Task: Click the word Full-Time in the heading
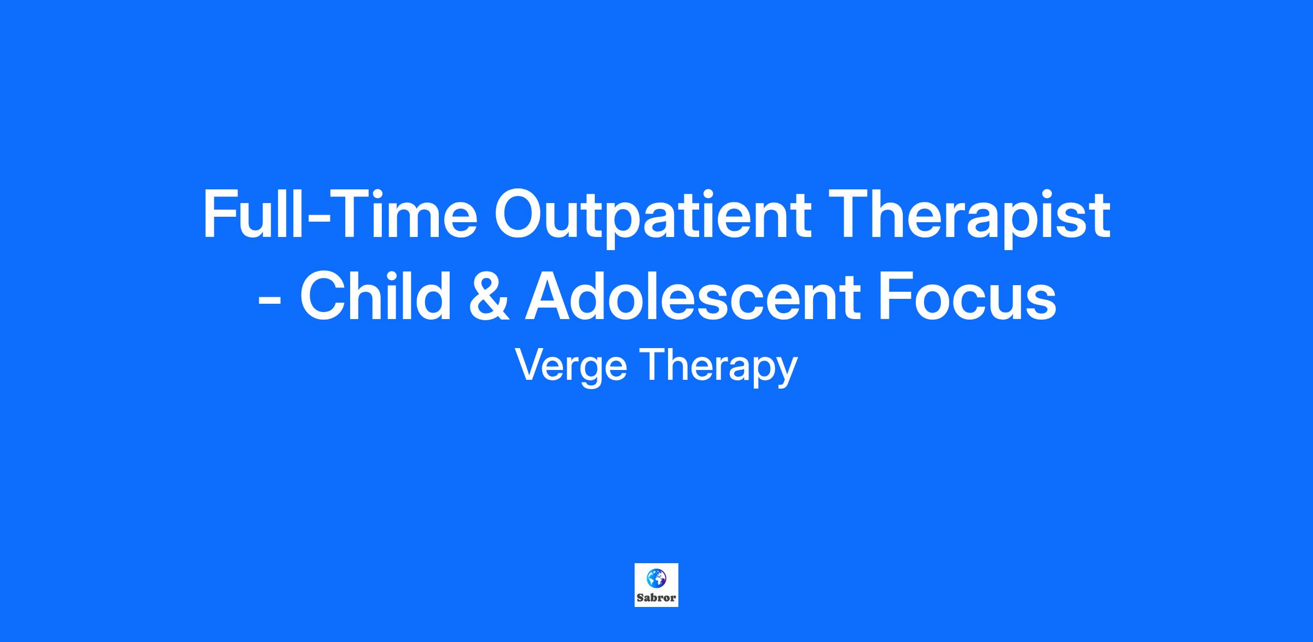coord(340,214)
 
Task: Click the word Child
coord(375,296)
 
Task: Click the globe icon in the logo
coord(656,577)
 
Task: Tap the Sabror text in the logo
coord(656,598)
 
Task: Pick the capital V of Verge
coord(531,365)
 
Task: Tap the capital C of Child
coord(324,296)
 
